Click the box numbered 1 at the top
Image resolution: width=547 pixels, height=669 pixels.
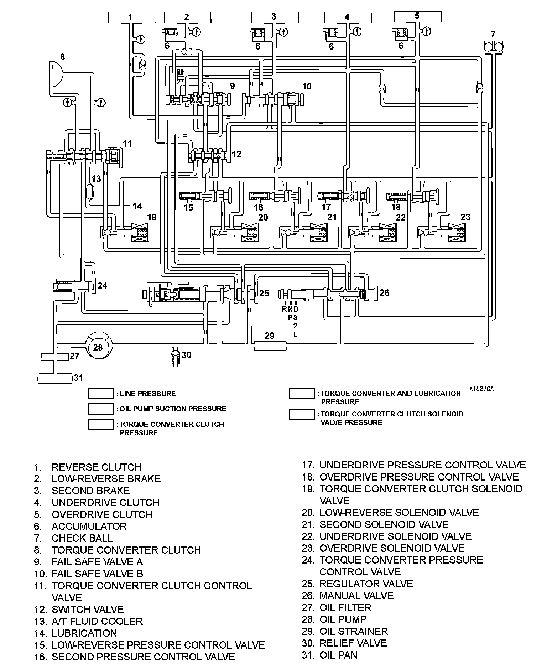point(131,17)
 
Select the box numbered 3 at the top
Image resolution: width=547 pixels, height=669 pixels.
point(274,17)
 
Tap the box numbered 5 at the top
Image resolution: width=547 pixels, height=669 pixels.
point(418,16)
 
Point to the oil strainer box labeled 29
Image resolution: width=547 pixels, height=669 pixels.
point(270,345)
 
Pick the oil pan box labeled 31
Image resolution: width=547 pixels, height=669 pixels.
point(55,378)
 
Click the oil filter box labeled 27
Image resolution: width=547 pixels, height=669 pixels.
point(55,356)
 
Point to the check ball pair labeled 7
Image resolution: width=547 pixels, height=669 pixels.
point(493,47)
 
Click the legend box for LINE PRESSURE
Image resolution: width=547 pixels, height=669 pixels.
point(101,394)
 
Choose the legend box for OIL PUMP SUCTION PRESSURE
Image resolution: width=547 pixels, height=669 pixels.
point(101,409)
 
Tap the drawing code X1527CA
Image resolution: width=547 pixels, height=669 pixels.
point(481,389)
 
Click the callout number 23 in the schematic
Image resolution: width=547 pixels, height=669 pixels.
point(465,217)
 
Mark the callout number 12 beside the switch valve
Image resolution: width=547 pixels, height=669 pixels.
point(236,154)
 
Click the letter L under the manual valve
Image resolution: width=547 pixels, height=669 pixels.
point(295,334)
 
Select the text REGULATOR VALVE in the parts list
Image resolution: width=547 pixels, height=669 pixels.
point(366,584)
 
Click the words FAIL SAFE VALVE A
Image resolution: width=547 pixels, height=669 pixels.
point(97,562)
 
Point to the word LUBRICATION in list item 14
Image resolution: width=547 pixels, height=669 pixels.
point(84,633)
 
